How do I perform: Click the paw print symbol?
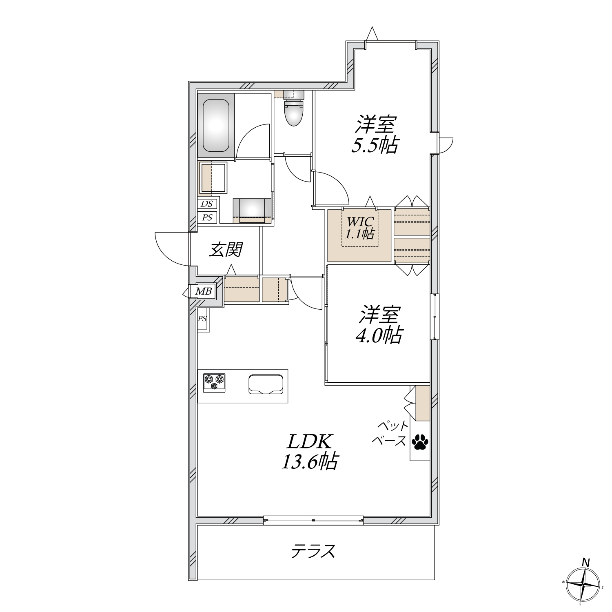pos(420,441)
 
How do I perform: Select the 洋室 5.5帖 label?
pos(375,134)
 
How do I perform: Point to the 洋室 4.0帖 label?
pos(379,325)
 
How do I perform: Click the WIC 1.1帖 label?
pos(360,228)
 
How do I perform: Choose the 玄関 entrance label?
pos(226,250)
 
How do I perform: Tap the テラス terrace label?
pos(313,551)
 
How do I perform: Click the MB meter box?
pos(204,291)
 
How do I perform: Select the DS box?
pos(207,204)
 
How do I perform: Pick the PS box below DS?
pos(207,217)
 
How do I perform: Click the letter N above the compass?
pos(586,562)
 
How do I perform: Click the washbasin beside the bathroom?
pos(213,178)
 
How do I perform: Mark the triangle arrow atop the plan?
pos(372,34)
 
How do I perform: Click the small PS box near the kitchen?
pos(202,319)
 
